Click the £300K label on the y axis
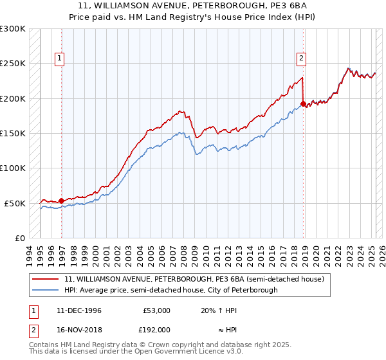coord(13,29)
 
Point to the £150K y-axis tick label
coord(13,133)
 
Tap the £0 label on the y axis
coord(20,238)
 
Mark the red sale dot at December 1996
coord(62,201)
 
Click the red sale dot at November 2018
coord(303,104)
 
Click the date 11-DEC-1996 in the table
coord(79,310)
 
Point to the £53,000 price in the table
coord(156,310)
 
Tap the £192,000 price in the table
coord(156,329)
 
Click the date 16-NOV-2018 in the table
coord(80,329)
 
